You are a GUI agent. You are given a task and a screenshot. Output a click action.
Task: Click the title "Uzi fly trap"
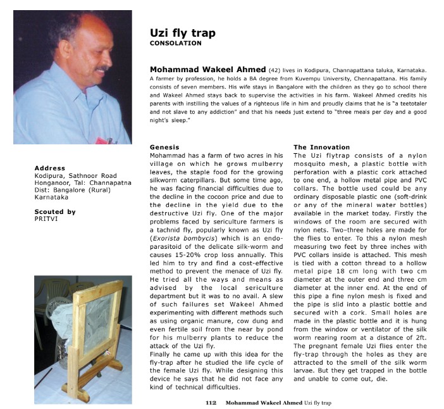tap(182, 33)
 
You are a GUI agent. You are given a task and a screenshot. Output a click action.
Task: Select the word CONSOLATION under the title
tap(176, 44)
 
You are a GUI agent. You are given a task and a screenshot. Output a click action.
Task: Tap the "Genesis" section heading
tap(164, 147)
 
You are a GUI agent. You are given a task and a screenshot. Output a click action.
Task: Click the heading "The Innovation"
tap(321, 147)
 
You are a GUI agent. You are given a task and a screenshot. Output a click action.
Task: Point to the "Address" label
tap(50, 168)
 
